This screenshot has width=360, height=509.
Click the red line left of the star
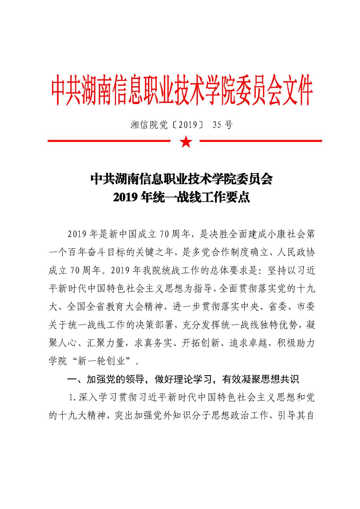coord(109,141)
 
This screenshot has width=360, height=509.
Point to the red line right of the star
coord(261,141)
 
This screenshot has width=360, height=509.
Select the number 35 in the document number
coord(217,125)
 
